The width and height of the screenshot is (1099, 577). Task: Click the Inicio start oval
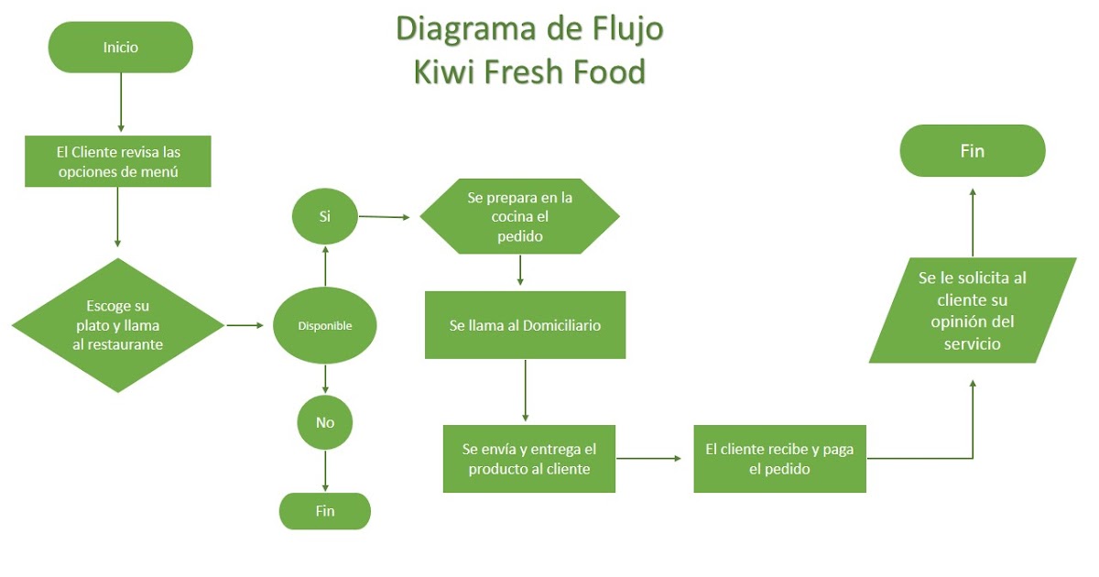pyautogui.click(x=120, y=47)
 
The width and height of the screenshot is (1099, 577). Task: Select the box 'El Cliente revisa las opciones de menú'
pyautogui.click(x=118, y=161)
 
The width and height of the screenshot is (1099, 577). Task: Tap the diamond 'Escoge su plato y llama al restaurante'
pyautogui.click(x=118, y=325)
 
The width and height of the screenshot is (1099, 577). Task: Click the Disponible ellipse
pyautogui.click(x=325, y=325)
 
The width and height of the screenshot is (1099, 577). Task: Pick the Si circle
pyautogui.click(x=325, y=217)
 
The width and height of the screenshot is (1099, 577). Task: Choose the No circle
pyautogui.click(x=325, y=422)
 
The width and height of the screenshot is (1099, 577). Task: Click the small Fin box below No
pyautogui.click(x=325, y=511)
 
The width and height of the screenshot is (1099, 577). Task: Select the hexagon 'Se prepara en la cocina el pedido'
pyautogui.click(x=519, y=217)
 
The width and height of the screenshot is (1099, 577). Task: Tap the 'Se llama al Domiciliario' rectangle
pyautogui.click(x=525, y=325)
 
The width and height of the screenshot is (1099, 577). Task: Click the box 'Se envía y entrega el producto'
pyautogui.click(x=528, y=459)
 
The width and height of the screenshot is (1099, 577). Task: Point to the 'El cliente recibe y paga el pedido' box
pyautogui.click(x=779, y=459)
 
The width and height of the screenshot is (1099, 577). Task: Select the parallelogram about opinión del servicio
pyautogui.click(x=972, y=310)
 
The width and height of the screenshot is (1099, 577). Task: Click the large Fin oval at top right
pyautogui.click(x=972, y=151)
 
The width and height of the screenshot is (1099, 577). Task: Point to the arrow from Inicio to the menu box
pyautogui.click(x=121, y=101)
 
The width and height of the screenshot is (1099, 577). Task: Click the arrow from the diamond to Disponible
pyautogui.click(x=245, y=325)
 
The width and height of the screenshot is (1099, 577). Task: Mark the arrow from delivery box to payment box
pyautogui.click(x=651, y=458)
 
